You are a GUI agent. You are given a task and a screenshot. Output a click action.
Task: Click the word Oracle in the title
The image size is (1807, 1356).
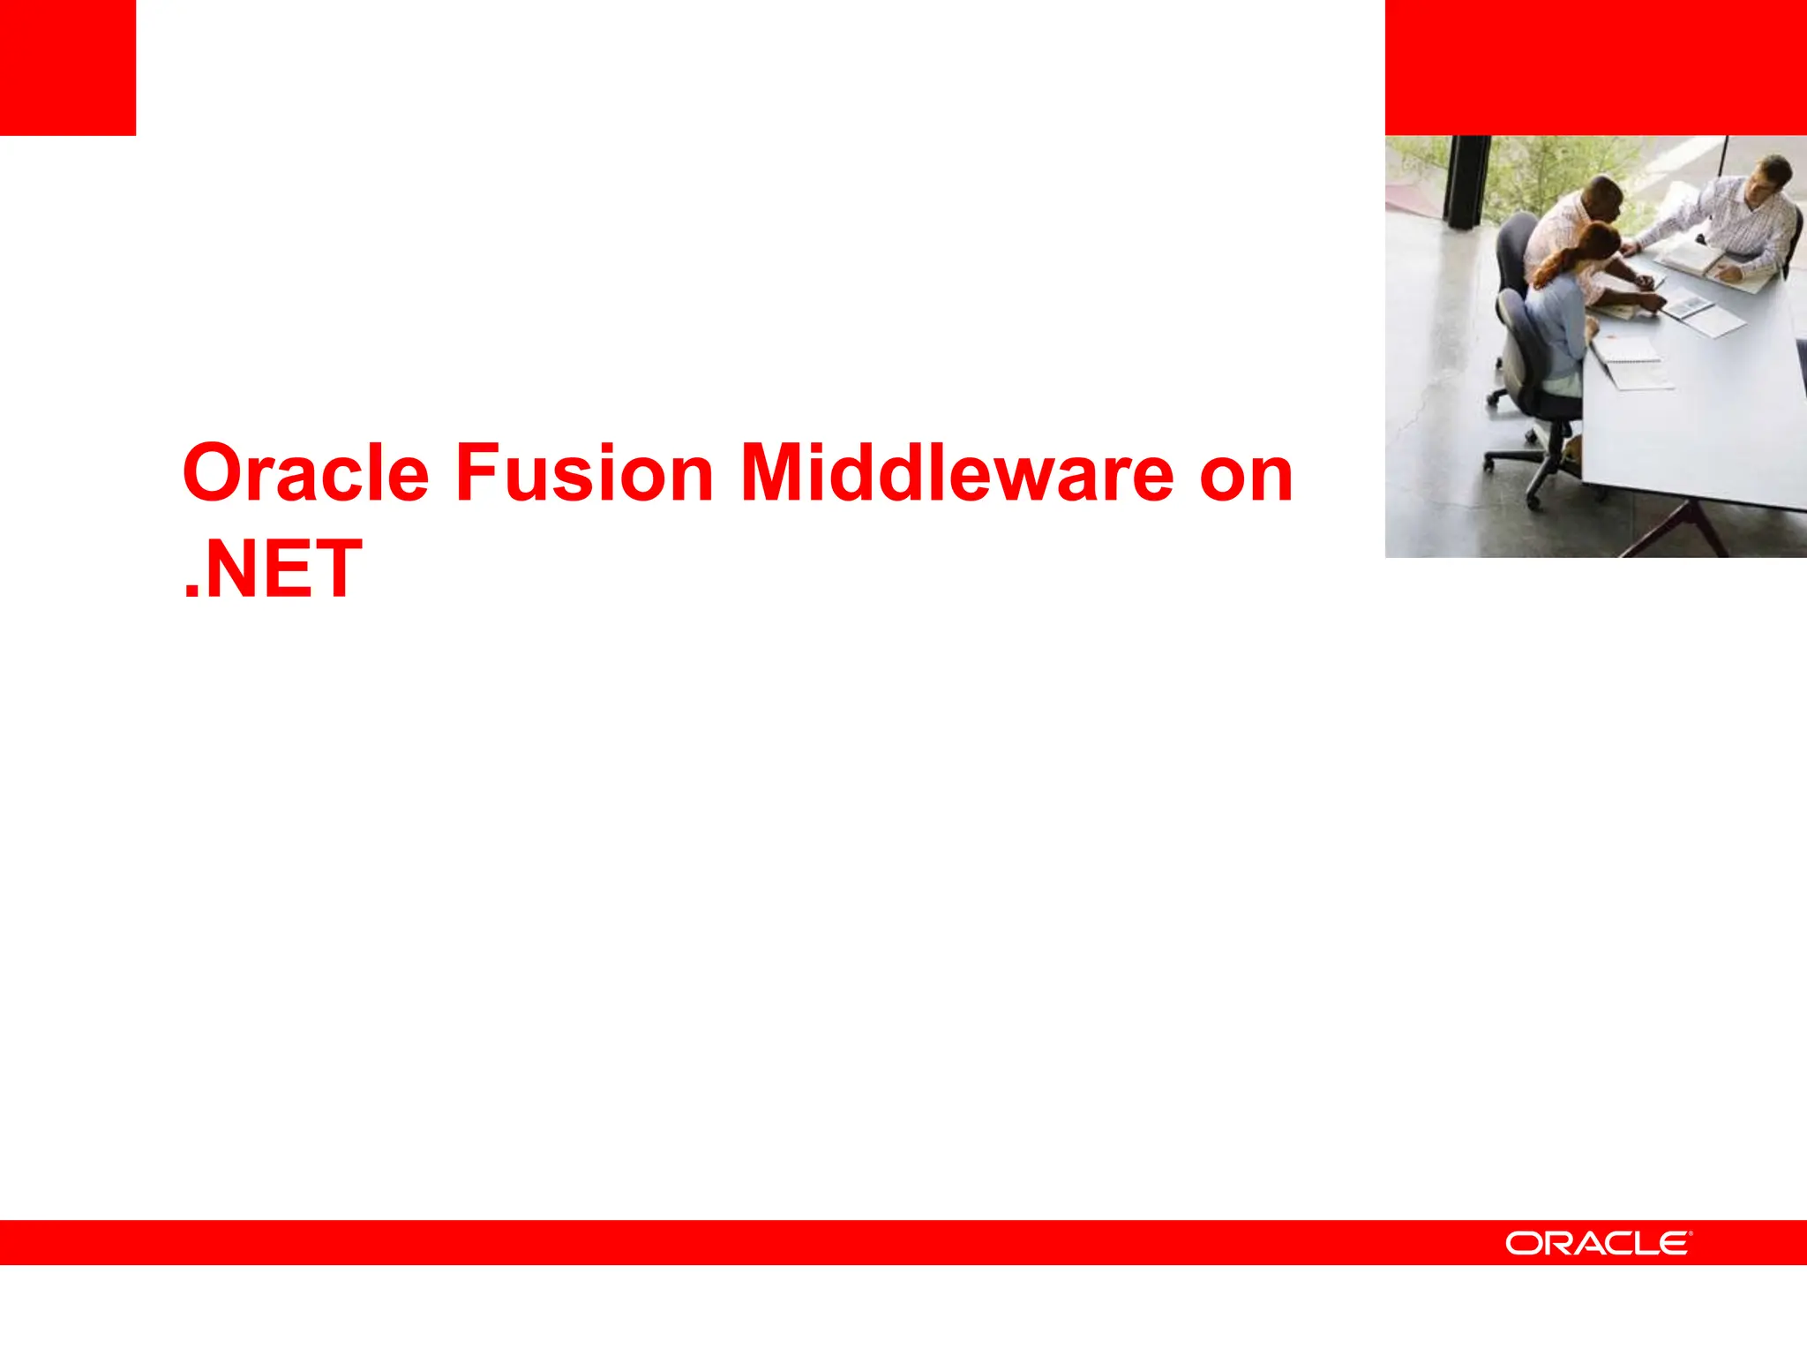tap(305, 474)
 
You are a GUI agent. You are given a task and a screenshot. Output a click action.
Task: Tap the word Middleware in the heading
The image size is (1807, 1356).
tap(956, 474)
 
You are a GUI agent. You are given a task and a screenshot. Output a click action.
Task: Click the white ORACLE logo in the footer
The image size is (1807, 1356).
tap(1598, 1243)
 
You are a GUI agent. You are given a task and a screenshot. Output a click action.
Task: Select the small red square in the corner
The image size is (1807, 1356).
tap(67, 67)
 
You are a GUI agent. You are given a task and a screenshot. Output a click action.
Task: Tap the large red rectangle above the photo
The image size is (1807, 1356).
tap(1595, 67)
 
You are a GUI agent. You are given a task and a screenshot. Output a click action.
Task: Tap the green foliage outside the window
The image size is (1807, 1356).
tap(1553, 172)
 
